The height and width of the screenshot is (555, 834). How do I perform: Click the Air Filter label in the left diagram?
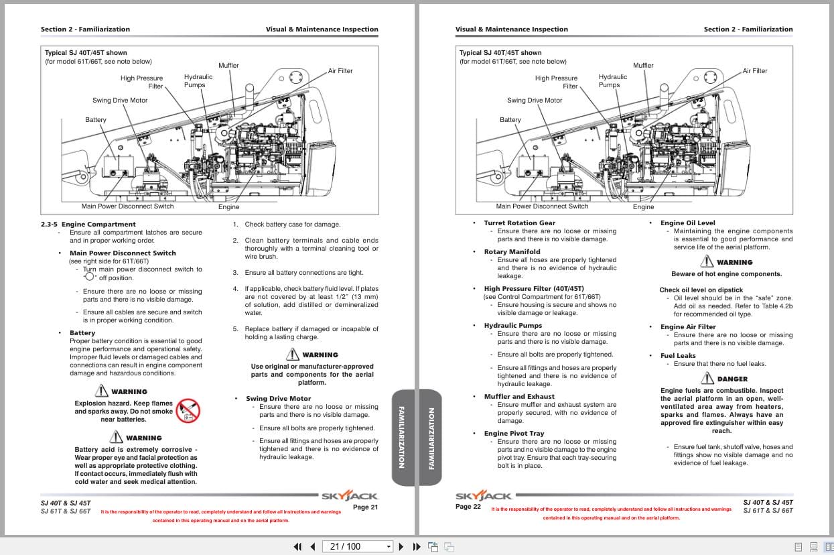tap(340, 71)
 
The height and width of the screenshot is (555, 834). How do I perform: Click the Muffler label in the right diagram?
tap(643, 66)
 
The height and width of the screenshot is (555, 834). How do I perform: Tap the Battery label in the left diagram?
tap(95, 120)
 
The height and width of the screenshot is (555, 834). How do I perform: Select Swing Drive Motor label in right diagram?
tap(534, 101)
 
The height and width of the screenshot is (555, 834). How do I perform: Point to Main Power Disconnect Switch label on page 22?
tap(542, 206)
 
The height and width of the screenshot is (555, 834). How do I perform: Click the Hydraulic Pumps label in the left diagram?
tap(198, 81)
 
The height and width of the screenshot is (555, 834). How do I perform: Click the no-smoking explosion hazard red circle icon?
tap(188, 410)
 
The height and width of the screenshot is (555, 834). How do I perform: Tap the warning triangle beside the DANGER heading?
tap(707, 379)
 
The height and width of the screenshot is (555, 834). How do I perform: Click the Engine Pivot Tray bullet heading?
tap(514, 434)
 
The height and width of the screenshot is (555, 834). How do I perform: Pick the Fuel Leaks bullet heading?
tap(678, 356)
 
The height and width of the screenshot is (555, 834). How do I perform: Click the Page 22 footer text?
tap(468, 507)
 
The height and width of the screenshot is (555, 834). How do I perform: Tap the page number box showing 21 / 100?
tap(356, 546)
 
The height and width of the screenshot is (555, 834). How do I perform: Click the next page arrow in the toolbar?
tap(401, 546)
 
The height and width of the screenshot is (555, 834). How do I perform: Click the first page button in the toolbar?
tap(298, 546)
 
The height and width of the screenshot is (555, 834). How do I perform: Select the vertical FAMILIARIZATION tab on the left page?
tap(402, 437)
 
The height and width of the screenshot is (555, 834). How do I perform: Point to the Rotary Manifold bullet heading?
tap(512, 252)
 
